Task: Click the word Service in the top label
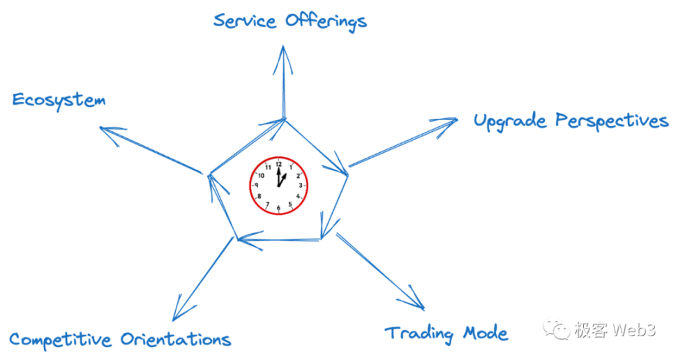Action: point(246,21)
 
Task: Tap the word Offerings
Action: point(326,22)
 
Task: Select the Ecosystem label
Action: point(59,100)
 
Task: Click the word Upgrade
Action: point(510,121)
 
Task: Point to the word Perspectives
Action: point(612,121)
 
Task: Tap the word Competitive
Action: point(61,340)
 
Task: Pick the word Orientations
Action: point(176,340)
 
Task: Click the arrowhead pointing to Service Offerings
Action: point(283,56)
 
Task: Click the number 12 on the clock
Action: point(278,165)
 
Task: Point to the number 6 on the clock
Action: point(278,208)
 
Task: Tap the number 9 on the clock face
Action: point(257,186)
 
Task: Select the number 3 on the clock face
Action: point(301,186)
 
